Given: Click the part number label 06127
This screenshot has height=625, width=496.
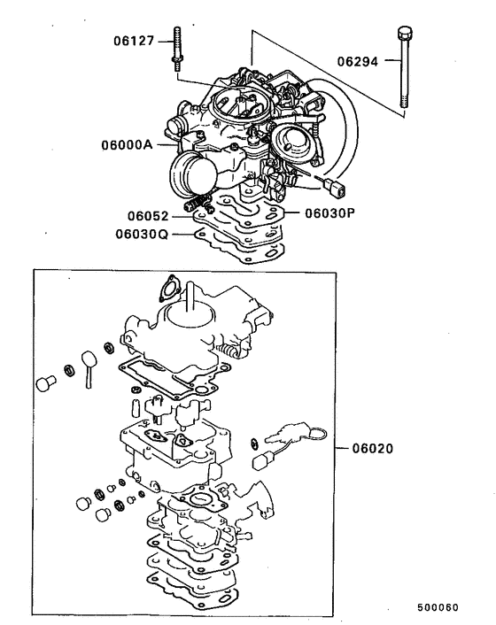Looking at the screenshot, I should click(133, 40).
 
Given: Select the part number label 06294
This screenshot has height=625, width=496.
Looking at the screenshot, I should click(357, 62).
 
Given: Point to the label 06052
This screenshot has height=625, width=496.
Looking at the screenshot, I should click(145, 215).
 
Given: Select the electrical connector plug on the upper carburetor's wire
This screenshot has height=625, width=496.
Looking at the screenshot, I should click(333, 187).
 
